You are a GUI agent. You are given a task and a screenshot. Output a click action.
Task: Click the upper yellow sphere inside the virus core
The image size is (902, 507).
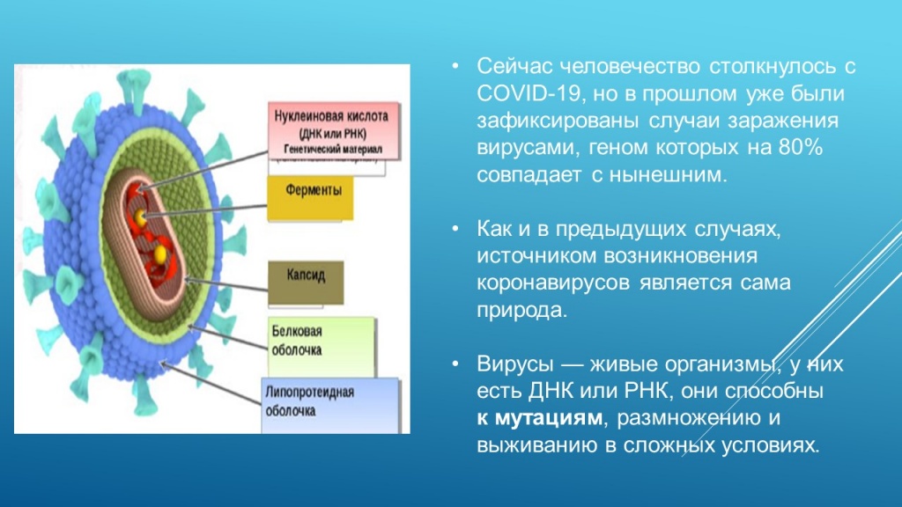tap(142, 217)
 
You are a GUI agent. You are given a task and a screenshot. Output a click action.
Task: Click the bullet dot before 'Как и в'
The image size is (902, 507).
tap(455, 230)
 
